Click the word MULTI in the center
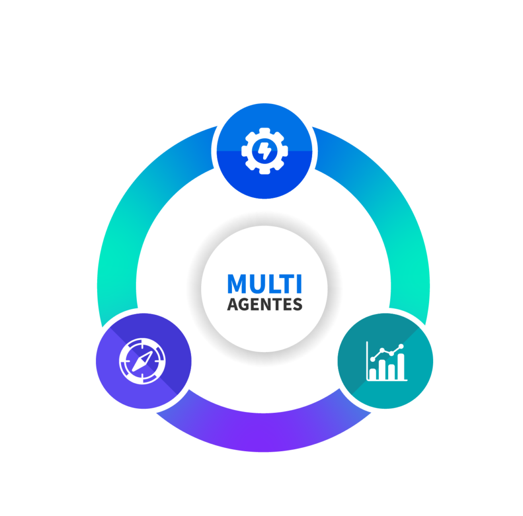[265, 283]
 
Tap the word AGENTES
[265, 304]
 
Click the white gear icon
[265, 151]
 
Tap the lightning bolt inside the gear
[265, 151]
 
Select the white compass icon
[142, 361]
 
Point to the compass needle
[142, 361]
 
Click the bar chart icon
[387, 361]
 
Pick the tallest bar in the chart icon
[401, 366]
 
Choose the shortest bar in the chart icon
[373, 374]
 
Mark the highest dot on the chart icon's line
[401, 347]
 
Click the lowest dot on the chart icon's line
[372, 359]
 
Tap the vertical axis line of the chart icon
[367, 361]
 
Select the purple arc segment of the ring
[264, 432]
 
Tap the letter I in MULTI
[299, 284]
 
